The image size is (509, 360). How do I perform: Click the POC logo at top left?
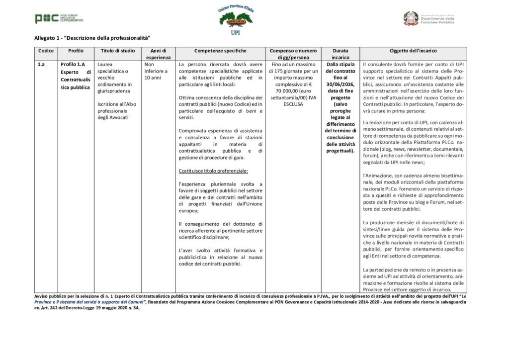47,19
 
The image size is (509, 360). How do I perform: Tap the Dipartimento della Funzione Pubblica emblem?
411,18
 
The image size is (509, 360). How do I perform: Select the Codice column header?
46,51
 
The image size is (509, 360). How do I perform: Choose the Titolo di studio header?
117,51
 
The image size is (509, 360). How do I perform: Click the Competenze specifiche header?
220,51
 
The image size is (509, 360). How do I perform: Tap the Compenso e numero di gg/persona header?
293,54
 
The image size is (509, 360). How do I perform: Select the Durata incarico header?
340,54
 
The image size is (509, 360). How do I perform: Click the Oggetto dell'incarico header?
413,51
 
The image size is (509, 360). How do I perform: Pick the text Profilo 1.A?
73,65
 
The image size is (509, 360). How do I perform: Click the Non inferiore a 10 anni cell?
156,71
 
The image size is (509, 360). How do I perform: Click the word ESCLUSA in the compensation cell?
293,104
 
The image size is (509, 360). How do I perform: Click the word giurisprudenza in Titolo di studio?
114,91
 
